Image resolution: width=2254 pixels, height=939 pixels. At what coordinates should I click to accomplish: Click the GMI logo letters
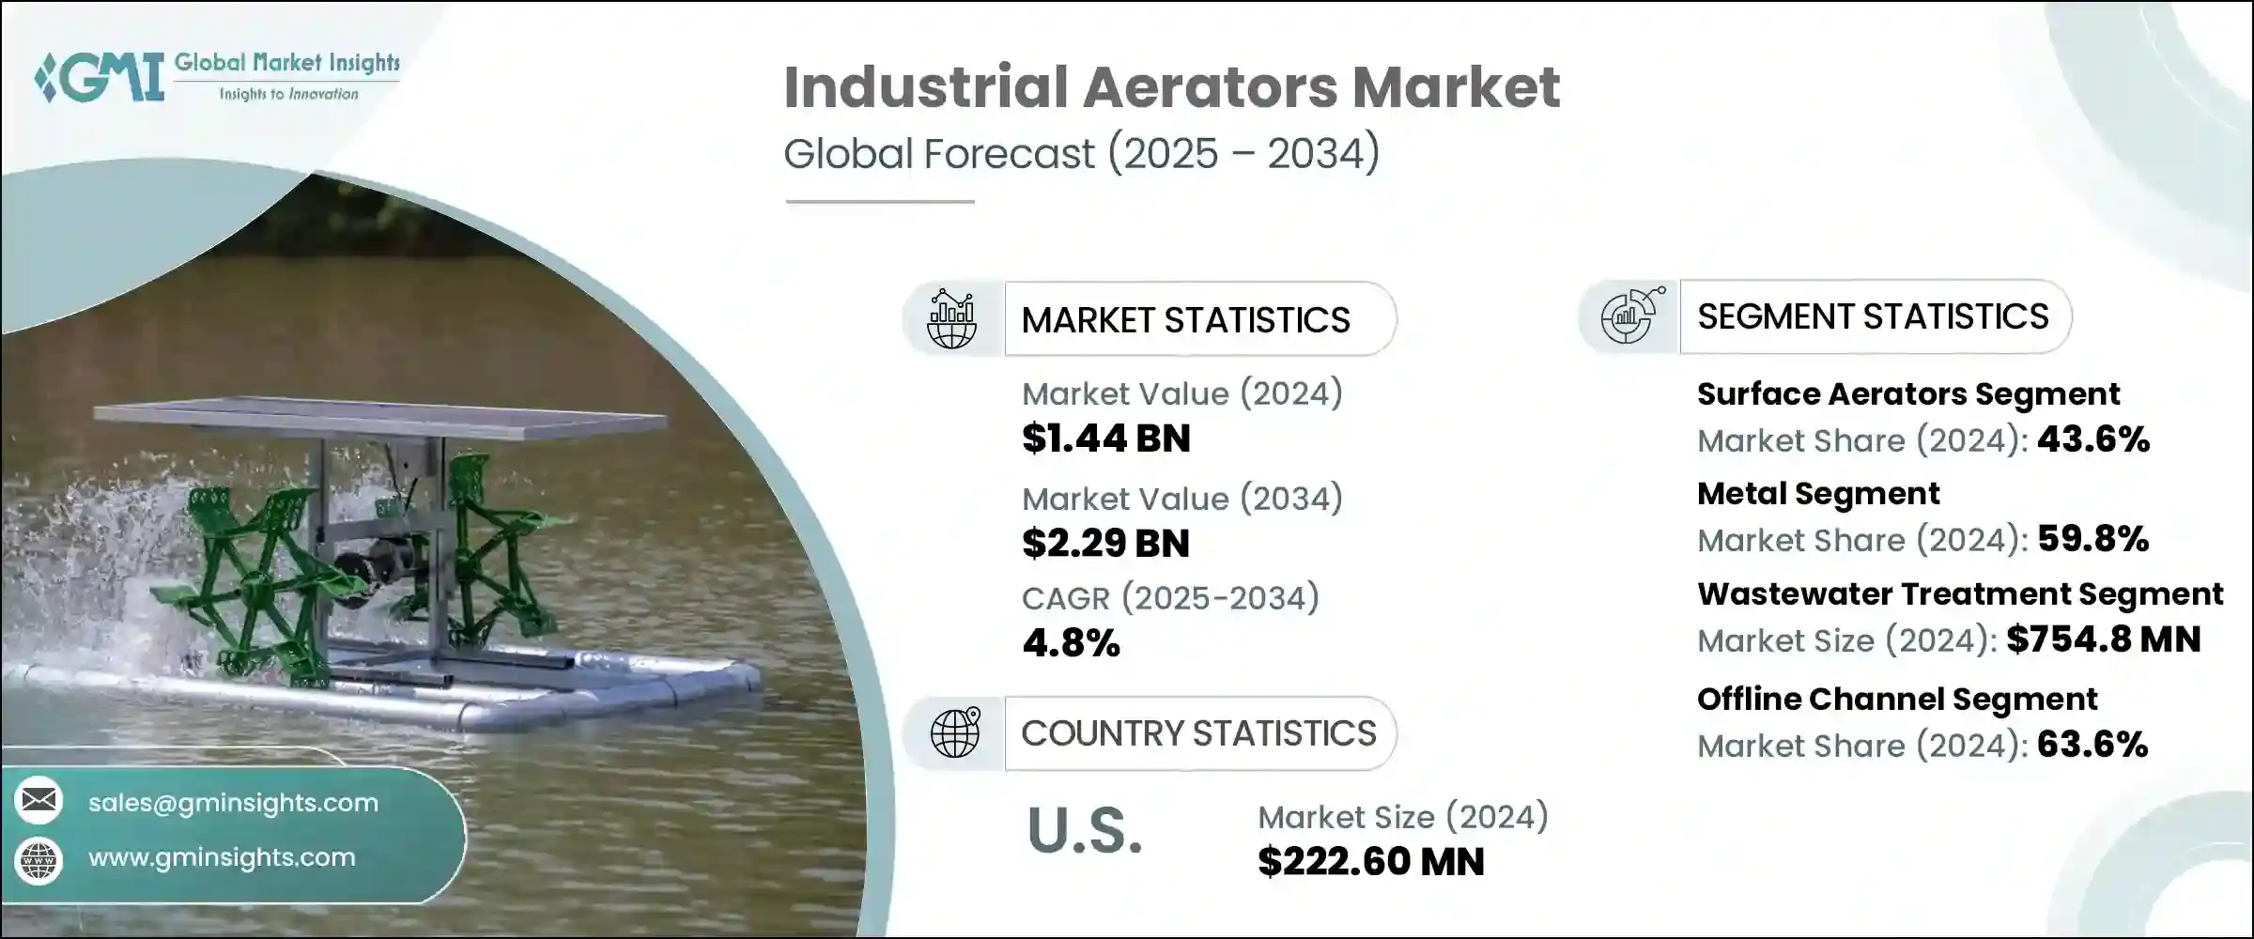point(101,77)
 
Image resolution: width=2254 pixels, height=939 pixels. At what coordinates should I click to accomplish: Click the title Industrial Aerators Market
point(1171,88)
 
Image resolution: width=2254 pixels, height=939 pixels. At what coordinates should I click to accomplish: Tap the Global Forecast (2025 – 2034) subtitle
point(1081,154)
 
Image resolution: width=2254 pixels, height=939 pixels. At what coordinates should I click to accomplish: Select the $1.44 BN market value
point(1105,439)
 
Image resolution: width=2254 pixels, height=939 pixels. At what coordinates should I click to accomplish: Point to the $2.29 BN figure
point(1105,544)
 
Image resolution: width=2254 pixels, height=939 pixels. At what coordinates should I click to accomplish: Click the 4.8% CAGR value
point(1071,643)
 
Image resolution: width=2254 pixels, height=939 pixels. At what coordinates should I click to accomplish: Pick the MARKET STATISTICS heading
point(1185,320)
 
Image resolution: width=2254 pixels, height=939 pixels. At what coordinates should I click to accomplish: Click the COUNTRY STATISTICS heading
point(1198,733)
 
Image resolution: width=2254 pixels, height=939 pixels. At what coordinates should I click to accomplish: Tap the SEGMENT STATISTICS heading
point(1873,316)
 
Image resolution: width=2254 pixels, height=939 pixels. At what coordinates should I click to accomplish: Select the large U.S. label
point(1085,831)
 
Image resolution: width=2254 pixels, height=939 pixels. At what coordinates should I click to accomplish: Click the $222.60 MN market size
point(1370,862)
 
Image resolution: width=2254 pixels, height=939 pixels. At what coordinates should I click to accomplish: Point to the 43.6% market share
point(2093,439)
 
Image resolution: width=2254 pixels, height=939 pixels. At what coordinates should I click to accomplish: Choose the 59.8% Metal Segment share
point(2092,539)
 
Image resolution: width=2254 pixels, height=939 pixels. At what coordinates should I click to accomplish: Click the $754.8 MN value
point(2104,639)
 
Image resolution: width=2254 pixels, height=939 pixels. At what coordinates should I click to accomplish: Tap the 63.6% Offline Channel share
point(2092,745)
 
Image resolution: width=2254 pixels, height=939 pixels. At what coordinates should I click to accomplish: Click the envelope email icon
point(39,800)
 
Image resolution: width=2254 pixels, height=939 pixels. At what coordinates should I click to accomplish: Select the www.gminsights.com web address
point(222,857)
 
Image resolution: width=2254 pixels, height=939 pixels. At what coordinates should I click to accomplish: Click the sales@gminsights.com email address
point(233,803)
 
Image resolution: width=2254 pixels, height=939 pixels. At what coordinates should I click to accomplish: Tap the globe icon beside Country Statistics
point(954,733)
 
